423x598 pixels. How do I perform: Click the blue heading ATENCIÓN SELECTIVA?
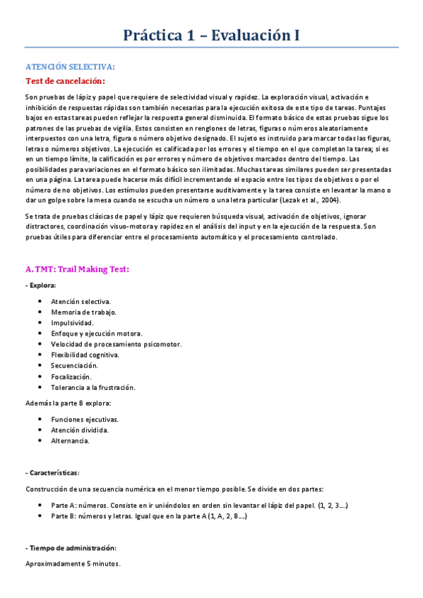click(69, 67)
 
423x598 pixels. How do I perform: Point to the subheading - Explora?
click(41, 285)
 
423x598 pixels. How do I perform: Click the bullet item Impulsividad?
click(73, 322)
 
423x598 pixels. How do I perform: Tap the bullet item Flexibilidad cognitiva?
click(85, 355)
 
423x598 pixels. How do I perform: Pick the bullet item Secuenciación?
click(74, 365)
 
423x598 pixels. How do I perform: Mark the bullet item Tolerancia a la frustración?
click(93, 387)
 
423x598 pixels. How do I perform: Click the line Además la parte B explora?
click(68, 403)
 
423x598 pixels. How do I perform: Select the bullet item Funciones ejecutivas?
click(84, 420)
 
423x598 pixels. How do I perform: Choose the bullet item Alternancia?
click(70, 441)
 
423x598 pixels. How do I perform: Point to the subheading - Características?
click(52, 472)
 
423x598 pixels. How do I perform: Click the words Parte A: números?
click(80, 506)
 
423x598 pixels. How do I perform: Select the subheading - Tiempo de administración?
click(71, 548)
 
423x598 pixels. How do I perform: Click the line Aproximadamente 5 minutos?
click(73, 564)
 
